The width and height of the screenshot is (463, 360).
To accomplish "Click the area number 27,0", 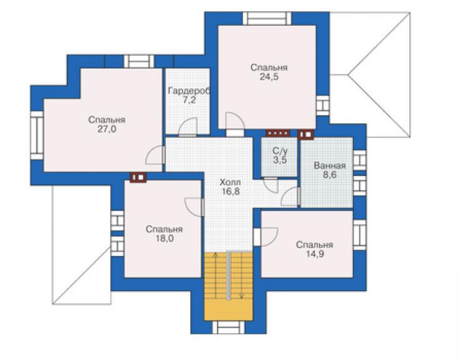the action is [x=106, y=129].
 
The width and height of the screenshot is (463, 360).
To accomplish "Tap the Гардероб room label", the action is [x=189, y=91].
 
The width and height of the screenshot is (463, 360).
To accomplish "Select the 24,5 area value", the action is [x=268, y=77].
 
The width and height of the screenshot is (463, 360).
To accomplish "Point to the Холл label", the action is [x=230, y=182].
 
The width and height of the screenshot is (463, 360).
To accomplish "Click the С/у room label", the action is [x=280, y=151].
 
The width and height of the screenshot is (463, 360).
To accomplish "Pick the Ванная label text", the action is [x=330, y=165].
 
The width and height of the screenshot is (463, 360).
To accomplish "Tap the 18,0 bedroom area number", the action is [x=165, y=239].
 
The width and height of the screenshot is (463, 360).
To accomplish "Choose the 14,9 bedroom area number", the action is [x=315, y=254].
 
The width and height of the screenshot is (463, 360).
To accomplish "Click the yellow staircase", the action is [x=228, y=286].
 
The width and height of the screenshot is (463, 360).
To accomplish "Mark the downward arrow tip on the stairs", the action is [x=242, y=297].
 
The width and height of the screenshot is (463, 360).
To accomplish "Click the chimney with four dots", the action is [x=278, y=133].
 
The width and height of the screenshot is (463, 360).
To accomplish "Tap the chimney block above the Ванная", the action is [x=305, y=135].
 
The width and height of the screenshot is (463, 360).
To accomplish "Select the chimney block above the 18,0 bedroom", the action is [x=138, y=177].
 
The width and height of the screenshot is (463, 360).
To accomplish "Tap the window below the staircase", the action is [x=228, y=327].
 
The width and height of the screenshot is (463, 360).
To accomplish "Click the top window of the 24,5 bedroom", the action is [x=267, y=18].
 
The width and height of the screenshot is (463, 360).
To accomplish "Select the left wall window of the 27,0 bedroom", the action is [x=37, y=135].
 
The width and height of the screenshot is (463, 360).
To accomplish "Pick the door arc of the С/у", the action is [x=271, y=185].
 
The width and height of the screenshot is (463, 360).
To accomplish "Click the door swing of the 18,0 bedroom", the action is [x=193, y=207].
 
